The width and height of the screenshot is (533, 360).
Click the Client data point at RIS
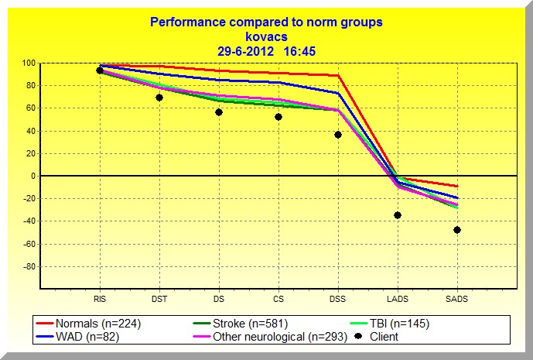pos(100,70)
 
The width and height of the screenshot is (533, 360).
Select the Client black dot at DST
pos(159,98)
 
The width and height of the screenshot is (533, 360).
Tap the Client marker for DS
pos(219,112)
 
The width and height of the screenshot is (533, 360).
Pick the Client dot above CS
pos(278,117)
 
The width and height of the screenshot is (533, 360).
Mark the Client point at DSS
pos(338,135)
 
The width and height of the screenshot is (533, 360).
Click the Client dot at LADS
pos(398,215)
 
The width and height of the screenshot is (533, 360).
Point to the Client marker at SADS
pos(457,230)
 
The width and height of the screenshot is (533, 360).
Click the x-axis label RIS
pos(100,297)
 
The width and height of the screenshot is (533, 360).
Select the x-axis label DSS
pos(338,297)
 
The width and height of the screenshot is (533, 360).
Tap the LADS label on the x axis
pos(398,297)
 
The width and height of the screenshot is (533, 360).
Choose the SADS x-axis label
pos(457,297)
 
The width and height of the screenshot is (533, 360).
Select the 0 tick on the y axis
pos(32,177)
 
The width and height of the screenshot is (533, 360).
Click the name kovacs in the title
pos(266,36)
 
